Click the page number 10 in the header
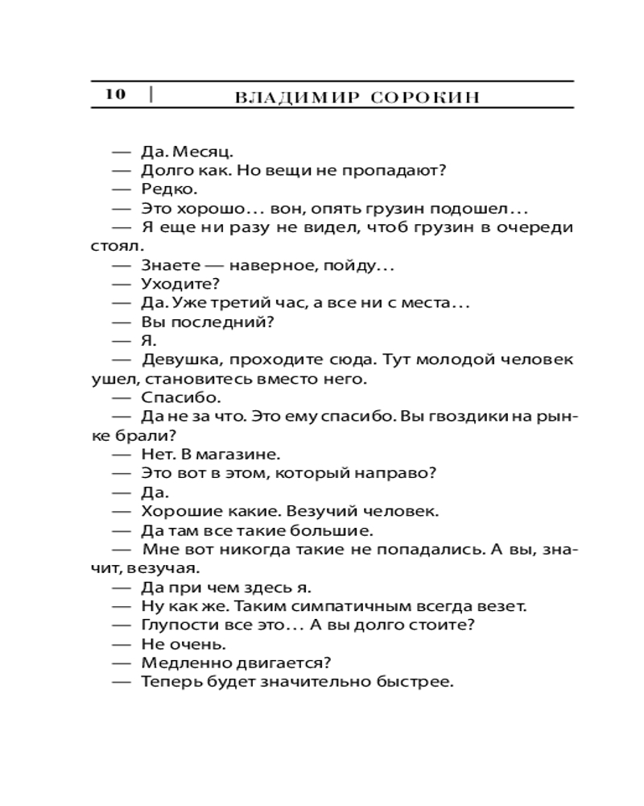(x=115, y=94)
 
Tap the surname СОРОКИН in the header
(x=427, y=98)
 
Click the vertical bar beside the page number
(x=151, y=94)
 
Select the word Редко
(x=168, y=189)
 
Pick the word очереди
(x=538, y=227)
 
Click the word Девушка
(x=180, y=359)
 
